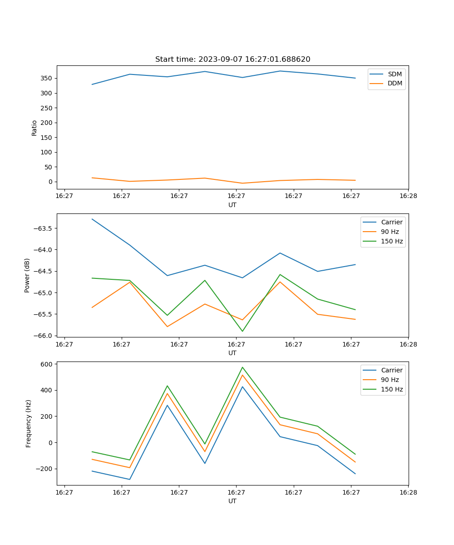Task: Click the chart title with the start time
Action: click(232, 59)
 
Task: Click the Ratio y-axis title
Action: click(35, 128)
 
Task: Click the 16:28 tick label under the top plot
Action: click(408, 196)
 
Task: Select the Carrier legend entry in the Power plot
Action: click(391, 222)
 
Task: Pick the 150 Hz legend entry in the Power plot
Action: click(391, 241)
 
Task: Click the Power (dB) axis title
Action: click(27, 275)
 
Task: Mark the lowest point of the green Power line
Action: click(242, 331)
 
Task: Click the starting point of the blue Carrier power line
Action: click(92, 219)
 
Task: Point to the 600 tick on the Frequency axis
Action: click(47, 364)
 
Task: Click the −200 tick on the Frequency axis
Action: click(45, 469)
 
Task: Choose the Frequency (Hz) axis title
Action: click(28, 423)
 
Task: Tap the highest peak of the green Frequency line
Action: click(242, 367)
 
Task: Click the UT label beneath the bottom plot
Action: click(232, 501)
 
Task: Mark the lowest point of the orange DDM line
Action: click(242, 183)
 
